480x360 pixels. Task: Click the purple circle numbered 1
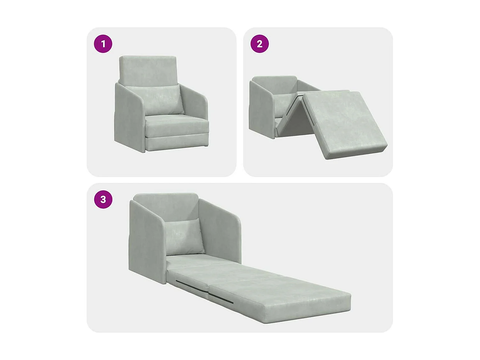(103, 44)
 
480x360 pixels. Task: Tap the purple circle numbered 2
(260, 44)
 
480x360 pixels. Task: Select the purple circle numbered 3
(103, 199)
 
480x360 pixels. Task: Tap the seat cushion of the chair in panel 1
(176, 125)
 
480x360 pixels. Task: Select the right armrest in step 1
(196, 102)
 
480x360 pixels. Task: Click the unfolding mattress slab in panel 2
(344, 123)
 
